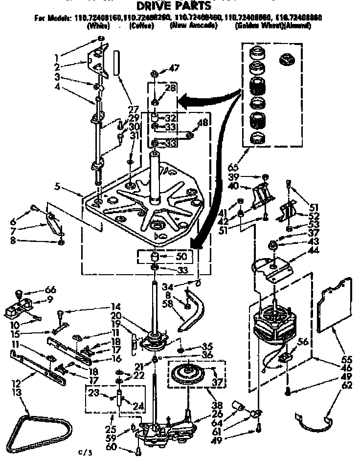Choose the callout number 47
coord(174,68)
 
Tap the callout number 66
coord(51,290)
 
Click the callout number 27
coord(133,109)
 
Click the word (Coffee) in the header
coord(142,26)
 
